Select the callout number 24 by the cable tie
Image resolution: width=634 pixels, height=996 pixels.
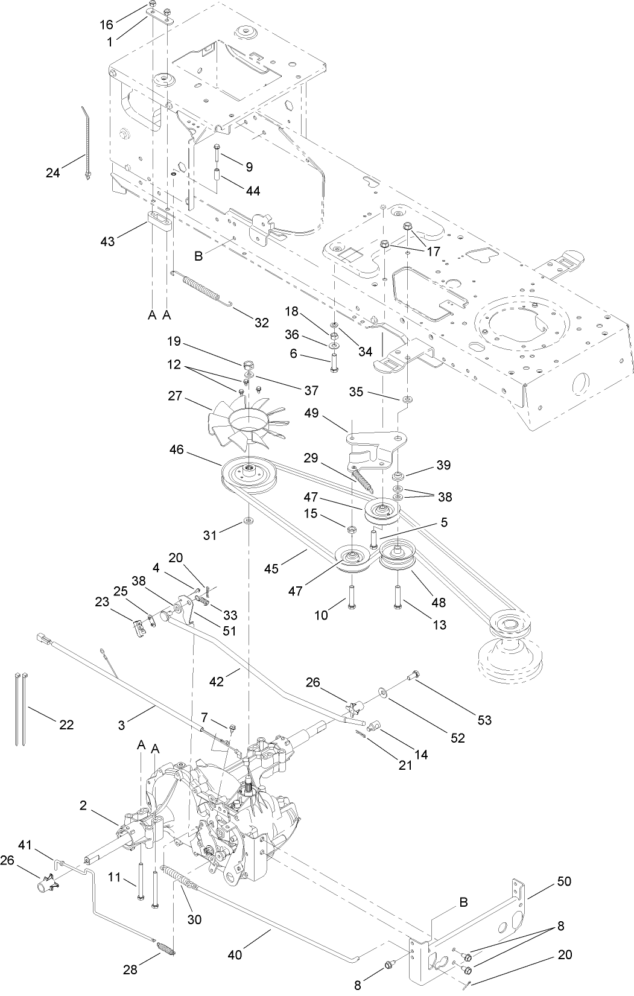pos(53,173)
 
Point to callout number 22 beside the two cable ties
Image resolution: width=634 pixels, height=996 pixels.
pos(66,725)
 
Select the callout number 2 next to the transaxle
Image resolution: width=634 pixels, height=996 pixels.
pos(84,805)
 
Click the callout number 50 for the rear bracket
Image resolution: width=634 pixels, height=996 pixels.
pos(564,881)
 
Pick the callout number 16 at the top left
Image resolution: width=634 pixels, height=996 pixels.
pos(106,24)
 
